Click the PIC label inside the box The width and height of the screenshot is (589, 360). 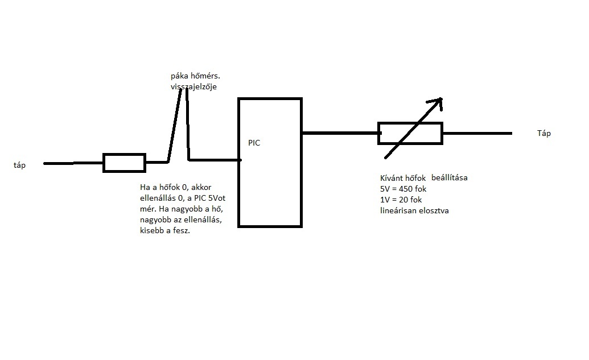click(254, 143)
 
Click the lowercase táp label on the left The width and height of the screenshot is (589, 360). click(20, 165)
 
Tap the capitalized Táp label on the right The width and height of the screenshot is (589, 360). click(544, 134)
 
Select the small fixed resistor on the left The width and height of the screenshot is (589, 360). click(124, 163)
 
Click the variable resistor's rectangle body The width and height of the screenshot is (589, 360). click(410, 133)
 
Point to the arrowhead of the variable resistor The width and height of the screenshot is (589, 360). click(436, 102)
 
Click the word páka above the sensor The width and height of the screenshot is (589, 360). click(180, 76)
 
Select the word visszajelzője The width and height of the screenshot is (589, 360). click(193, 86)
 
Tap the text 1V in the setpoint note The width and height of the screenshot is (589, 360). click(386, 200)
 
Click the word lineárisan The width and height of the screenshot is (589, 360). click(399, 210)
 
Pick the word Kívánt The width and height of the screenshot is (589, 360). click(393, 177)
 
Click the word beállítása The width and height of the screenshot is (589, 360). click(449, 177)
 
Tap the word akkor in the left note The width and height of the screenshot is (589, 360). click(201, 187)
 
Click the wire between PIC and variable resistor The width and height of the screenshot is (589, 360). click(340, 133)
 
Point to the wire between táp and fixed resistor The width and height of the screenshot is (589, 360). click(73, 163)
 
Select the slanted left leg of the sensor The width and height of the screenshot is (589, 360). click(175, 125)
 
